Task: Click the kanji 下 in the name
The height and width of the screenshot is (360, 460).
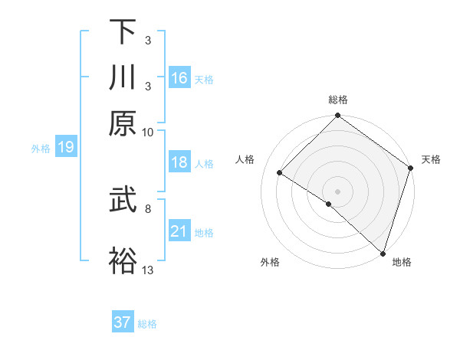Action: [x=123, y=32]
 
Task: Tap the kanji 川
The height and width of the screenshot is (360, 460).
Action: [x=123, y=78]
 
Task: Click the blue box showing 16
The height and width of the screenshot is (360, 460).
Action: [x=179, y=78]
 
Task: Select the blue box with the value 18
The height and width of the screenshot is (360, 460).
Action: [x=179, y=162]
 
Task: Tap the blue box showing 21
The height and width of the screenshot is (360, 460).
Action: [x=179, y=231]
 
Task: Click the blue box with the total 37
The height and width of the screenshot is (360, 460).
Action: [x=123, y=322]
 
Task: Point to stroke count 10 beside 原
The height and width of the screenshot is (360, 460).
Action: [x=148, y=131]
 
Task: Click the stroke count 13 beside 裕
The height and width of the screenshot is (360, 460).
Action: [x=148, y=270]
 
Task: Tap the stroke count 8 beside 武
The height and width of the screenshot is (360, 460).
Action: [x=148, y=208]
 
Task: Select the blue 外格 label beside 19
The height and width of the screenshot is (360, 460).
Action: [x=41, y=149]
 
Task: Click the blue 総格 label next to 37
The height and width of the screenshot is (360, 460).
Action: [x=147, y=323]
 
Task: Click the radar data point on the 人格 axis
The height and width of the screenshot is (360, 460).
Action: [x=280, y=173]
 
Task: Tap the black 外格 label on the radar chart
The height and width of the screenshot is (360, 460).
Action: [x=270, y=262]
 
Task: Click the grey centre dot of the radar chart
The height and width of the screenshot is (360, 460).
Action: [x=338, y=191]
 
